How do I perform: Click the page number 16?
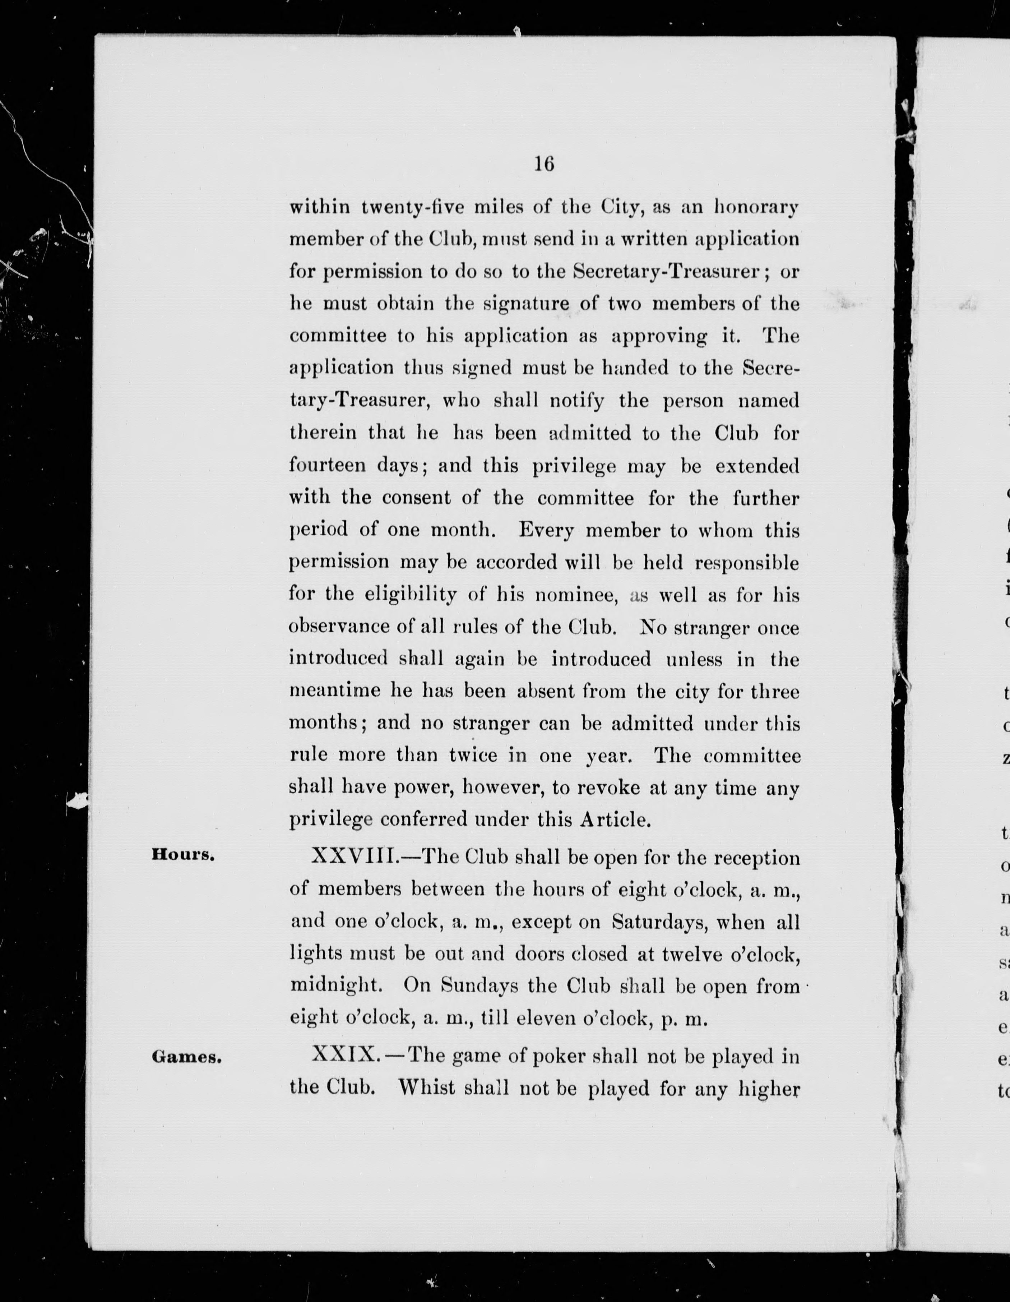tap(544, 163)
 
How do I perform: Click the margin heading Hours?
tap(182, 854)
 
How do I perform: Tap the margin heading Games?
tap(186, 1057)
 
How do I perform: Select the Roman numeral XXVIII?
tap(351, 857)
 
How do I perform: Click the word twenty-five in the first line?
tap(412, 207)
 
